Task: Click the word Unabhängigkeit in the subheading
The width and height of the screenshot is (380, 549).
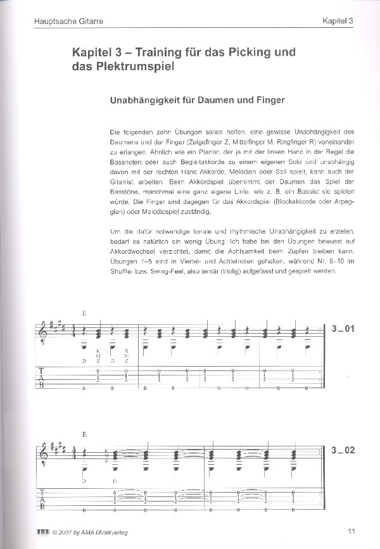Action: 144,99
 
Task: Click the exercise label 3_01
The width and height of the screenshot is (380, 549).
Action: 345,328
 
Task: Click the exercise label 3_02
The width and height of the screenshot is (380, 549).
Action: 345,451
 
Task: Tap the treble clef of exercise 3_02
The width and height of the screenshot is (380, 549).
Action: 42,454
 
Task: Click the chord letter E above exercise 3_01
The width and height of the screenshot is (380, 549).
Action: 85,312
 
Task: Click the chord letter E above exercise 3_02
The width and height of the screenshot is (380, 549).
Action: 85,435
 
